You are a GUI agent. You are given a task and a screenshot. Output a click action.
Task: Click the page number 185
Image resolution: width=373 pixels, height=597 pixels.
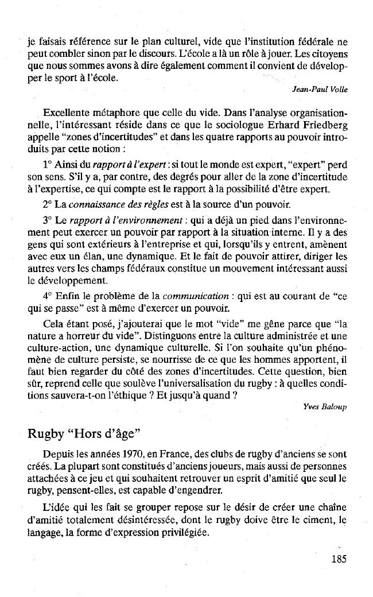point(339,559)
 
